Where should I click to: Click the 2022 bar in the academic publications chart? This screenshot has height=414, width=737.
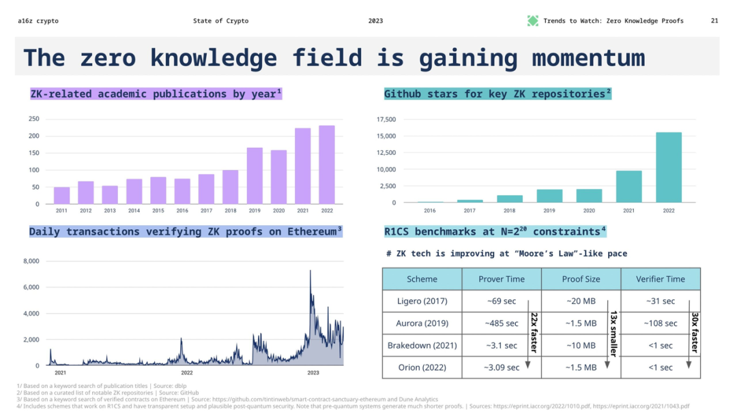327,164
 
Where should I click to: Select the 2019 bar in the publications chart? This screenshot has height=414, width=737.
255,175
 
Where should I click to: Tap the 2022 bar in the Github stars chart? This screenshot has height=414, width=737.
669,167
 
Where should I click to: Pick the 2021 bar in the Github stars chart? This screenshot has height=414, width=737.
628,186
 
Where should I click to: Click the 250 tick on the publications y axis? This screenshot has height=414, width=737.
33,119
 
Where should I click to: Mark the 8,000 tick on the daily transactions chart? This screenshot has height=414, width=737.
31,261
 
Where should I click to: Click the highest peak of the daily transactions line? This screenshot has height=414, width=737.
310,271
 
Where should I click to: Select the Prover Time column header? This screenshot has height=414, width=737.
502,279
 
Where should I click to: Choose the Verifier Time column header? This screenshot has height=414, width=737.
660,279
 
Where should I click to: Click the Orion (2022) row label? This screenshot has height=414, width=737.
422,367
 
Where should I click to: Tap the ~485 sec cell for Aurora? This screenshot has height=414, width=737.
502,323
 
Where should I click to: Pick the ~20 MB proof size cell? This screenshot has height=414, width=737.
581,301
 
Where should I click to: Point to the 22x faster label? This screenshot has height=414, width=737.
534,333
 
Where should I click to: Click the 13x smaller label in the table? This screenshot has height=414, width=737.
613,333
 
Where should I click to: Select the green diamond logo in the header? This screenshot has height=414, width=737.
533,21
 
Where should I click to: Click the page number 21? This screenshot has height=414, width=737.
714,21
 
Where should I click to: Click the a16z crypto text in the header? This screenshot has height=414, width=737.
38,21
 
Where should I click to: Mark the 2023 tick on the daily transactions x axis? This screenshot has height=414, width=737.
313,373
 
